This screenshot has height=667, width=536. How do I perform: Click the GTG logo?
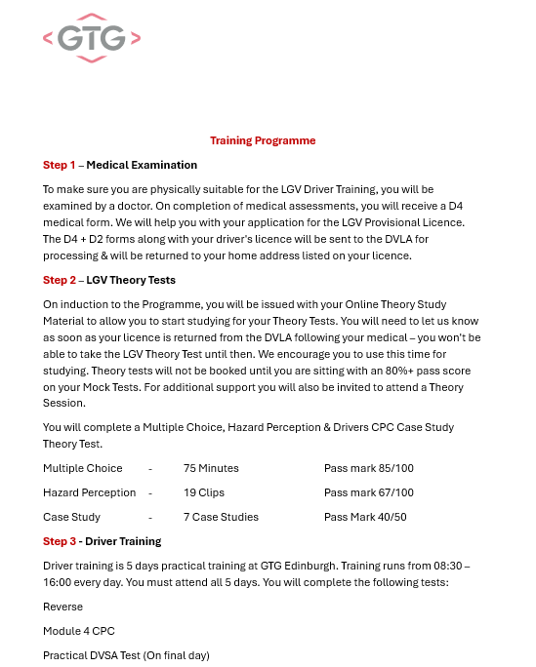(x=92, y=38)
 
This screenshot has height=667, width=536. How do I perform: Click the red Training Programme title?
(x=263, y=140)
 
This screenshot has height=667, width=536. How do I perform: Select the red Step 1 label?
(x=59, y=165)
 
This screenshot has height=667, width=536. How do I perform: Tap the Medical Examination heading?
(x=142, y=165)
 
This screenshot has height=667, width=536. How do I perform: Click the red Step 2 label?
(x=59, y=280)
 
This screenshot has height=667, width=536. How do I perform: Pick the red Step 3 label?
(x=59, y=541)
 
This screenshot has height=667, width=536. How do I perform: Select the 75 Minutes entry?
(x=211, y=468)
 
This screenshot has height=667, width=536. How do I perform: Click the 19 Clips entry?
(x=204, y=492)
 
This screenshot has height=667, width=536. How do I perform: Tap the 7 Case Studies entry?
(x=221, y=517)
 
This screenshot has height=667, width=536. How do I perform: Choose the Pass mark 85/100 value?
(x=368, y=468)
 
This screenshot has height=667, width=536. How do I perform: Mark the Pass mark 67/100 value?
(x=368, y=492)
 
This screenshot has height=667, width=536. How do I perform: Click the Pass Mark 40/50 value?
(x=365, y=517)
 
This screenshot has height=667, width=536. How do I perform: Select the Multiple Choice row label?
(x=83, y=468)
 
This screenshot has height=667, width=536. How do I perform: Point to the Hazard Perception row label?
(x=89, y=492)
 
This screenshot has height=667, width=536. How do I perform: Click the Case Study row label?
(x=71, y=517)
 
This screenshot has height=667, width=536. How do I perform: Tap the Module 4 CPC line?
(x=79, y=631)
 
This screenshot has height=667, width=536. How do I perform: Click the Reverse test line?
(x=63, y=607)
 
